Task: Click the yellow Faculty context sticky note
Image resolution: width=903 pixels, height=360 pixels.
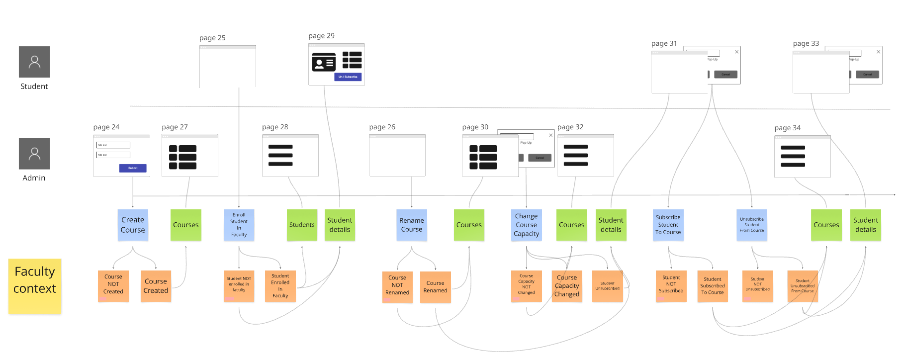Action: click(35, 286)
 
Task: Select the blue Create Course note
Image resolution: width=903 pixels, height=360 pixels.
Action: click(133, 225)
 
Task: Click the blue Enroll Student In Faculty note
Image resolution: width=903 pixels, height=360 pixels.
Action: click(239, 225)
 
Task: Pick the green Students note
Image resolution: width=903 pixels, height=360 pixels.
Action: click(302, 225)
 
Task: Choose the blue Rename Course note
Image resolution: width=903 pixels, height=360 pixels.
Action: click(412, 225)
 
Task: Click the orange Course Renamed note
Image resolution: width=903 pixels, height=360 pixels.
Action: click(435, 287)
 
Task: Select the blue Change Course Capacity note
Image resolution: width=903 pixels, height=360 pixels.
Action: click(526, 225)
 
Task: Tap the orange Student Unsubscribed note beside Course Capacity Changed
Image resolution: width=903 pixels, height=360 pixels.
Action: click(607, 286)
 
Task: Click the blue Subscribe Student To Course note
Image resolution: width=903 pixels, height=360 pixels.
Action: click(668, 225)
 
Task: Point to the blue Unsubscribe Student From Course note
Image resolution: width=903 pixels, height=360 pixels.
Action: click(751, 225)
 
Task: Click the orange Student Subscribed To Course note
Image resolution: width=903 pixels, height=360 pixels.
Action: click(713, 286)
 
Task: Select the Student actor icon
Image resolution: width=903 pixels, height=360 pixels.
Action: click(34, 62)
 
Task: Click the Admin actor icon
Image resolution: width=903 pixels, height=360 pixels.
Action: click(34, 154)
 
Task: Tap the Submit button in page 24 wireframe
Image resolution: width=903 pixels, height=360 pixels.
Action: click(133, 168)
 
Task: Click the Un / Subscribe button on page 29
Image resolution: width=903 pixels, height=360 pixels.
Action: click(348, 77)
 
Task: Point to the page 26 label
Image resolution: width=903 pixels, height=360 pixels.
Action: click(382, 127)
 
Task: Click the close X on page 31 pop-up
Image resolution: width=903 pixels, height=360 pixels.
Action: click(737, 52)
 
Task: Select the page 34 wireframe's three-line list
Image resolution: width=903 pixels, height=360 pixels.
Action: click(793, 156)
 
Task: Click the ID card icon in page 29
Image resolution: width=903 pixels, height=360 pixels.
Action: click(324, 63)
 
